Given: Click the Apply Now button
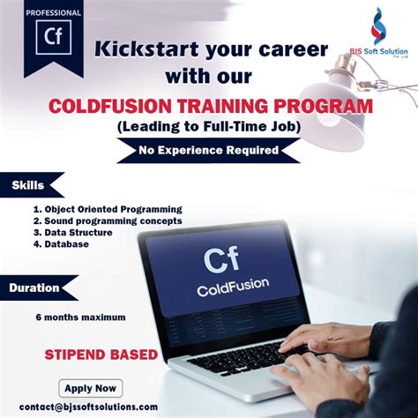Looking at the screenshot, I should [x=92, y=387].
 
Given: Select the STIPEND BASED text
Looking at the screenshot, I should [x=101, y=355].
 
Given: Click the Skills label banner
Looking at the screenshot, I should [x=27, y=186].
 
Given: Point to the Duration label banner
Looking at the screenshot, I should [x=34, y=287].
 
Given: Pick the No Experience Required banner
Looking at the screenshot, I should [x=208, y=150].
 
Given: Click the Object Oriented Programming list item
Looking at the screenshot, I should [x=107, y=209].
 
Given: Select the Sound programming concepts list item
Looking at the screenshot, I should [x=107, y=220].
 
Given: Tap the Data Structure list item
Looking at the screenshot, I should [x=74, y=233].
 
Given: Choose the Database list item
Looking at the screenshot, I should [x=61, y=244].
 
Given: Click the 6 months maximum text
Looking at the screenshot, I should [x=80, y=317].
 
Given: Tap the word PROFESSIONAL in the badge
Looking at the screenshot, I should [x=53, y=13].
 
